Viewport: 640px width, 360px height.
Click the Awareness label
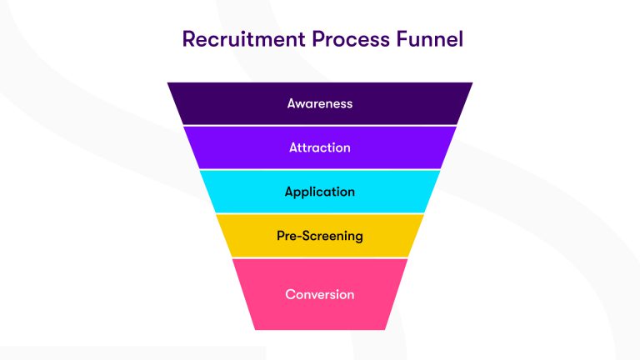tap(320, 104)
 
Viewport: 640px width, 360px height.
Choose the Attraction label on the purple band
tap(320, 147)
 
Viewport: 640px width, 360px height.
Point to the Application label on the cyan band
tap(320, 192)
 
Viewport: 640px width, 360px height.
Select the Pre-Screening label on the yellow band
tap(320, 236)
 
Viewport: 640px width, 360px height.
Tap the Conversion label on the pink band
tap(320, 294)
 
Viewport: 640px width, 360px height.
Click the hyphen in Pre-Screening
tap(298, 237)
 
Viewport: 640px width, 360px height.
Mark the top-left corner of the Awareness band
tap(167, 82)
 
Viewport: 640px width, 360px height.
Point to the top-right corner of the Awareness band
tap(472, 82)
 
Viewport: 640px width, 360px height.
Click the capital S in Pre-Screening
tap(305, 236)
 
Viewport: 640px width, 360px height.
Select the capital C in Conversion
tap(290, 294)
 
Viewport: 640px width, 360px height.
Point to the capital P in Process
tap(307, 39)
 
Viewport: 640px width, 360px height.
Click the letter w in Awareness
tap(301, 104)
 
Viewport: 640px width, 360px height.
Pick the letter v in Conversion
tap(313, 294)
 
